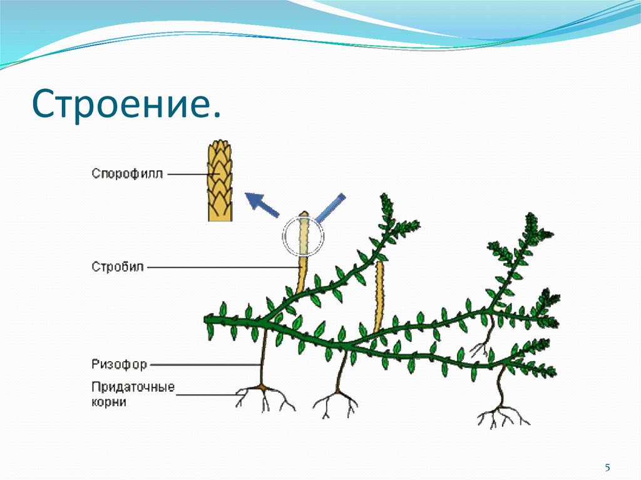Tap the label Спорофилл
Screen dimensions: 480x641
click(x=127, y=173)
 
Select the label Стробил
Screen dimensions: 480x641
click(x=118, y=267)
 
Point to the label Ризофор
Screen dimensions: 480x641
click(x=119, y=364)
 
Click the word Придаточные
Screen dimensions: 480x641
click(x=132, y=387)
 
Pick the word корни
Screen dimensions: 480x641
click(x=109, y=402)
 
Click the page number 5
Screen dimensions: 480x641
click(x=607, y=467)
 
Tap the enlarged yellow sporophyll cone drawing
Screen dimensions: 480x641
click(x=221, y=181)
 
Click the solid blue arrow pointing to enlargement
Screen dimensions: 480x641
click(x=262, y=205)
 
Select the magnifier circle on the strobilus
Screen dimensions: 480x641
click(x=303, y=237)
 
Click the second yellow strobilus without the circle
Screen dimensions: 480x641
click(x=378, y=297)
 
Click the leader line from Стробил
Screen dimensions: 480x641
click(x=219, y=267)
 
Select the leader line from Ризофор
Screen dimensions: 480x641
click(x=203, y=364)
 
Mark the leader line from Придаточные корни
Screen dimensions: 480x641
click(x=207, y=394)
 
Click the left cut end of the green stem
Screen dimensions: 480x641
click(x=208, y=320)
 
